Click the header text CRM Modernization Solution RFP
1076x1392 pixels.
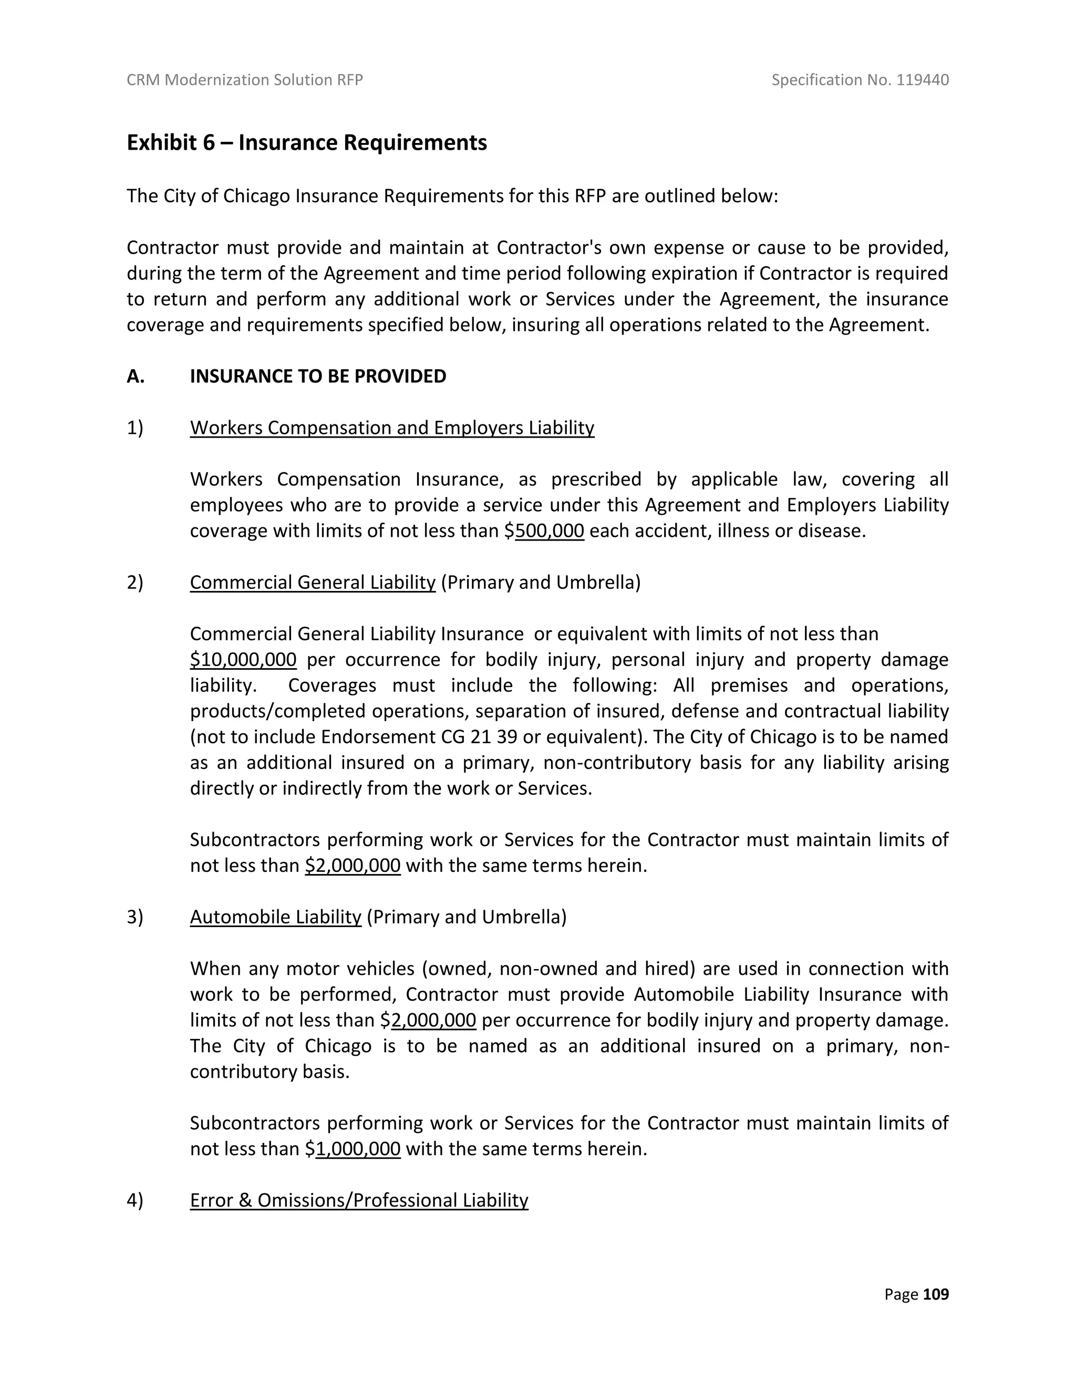point(245,80)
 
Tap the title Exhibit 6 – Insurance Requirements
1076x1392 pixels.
point(307,142)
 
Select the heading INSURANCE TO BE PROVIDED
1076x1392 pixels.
point(317,376)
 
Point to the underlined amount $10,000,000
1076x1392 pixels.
point(243,659)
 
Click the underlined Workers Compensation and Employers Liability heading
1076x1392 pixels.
point(392,428)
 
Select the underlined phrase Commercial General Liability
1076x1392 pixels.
point(313,582)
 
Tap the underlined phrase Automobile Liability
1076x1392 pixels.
point(275,917)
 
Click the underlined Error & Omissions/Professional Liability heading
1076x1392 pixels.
point(359,1200)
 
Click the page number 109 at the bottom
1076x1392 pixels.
point(935,1294)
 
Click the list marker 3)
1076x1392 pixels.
point(135,917)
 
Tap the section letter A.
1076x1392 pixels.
point(135,376)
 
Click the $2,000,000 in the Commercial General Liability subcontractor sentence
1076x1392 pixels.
point(353,866)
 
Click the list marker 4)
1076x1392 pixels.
point(135,1200)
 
